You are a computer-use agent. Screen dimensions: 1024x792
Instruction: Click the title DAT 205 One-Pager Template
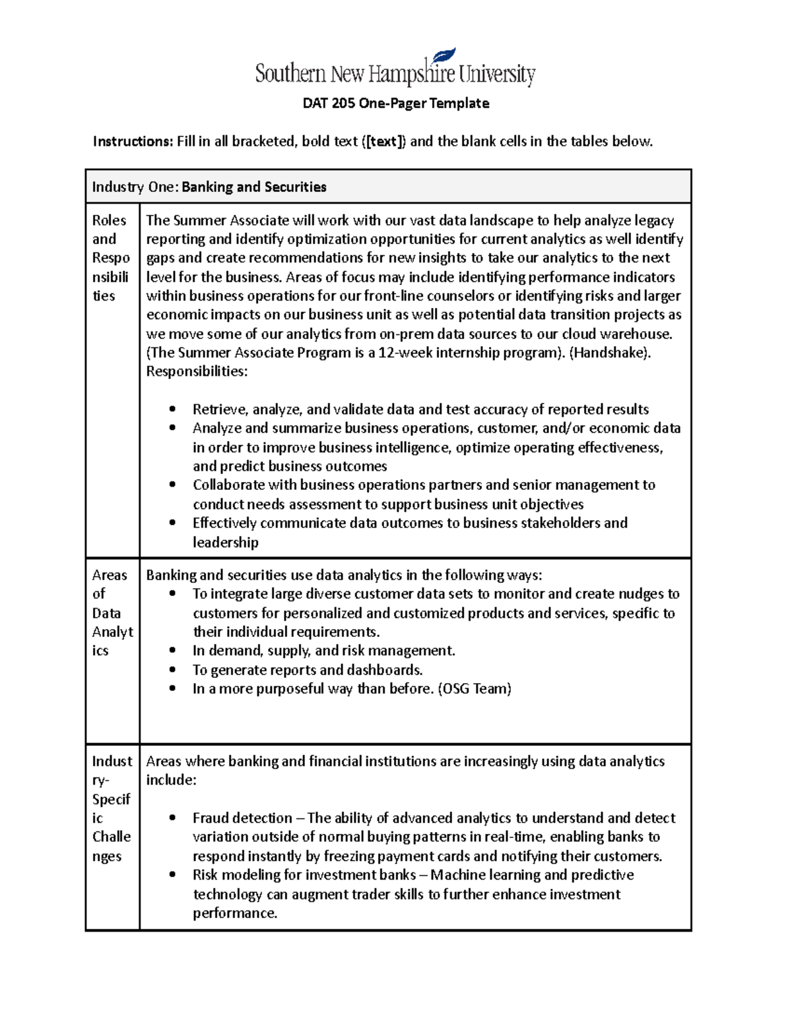[395, 104]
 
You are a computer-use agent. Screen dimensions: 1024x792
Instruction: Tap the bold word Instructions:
[132, 141]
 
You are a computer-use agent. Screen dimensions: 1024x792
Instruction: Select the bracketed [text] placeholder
[385, 141]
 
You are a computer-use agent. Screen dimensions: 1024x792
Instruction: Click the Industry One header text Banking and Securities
[253, 187]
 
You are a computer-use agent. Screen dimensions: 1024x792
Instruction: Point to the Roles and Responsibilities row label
[110, 258]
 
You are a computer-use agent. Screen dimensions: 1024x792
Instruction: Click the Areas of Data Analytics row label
[112, 613]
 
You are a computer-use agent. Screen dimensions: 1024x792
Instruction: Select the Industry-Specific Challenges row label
[111, 808]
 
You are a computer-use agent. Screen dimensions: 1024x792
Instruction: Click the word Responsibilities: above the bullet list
[196, 372]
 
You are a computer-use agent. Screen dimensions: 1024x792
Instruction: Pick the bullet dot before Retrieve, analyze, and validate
[172, 409]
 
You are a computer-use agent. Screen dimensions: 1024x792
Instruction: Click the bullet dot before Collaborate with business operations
[172, 485]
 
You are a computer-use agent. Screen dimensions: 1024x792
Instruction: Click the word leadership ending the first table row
[225, 543]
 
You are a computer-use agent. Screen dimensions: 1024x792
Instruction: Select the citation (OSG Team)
[475, 689]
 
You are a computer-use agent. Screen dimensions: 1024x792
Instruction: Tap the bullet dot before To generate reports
[172, 670]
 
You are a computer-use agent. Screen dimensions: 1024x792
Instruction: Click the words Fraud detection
[242, 818]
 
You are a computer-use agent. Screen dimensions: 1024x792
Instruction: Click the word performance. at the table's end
[234, 913]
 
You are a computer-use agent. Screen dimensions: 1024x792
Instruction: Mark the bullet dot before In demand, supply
[172, 651]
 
